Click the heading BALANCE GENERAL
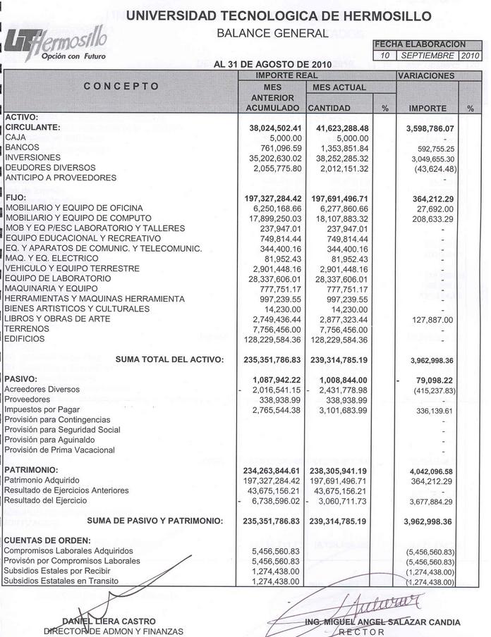pos(272,33)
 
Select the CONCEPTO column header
pos(121,87)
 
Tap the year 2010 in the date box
pos(470,55)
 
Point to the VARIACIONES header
pos(426,75)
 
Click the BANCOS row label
pos(22,147)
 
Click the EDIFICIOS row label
pos(25,339)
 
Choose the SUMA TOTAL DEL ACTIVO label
pos(169,359)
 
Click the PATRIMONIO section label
pos(31,469)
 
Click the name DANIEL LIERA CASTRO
pos(109,621)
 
